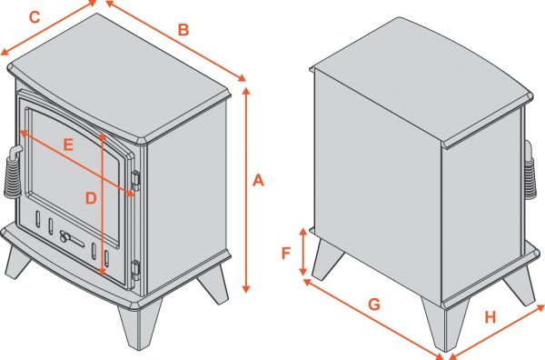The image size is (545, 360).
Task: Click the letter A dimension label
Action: pos(257,182)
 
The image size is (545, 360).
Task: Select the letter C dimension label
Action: pos(35,16)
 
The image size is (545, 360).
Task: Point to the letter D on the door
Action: pos(90,197)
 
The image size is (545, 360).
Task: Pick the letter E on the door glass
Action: pos(68,143)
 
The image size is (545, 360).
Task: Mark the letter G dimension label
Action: pos(373,305)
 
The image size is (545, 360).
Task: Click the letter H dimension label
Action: pos(490,317)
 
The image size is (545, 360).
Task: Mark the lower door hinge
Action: pos(135,268)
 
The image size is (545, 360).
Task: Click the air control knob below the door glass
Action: pos(65,237)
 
